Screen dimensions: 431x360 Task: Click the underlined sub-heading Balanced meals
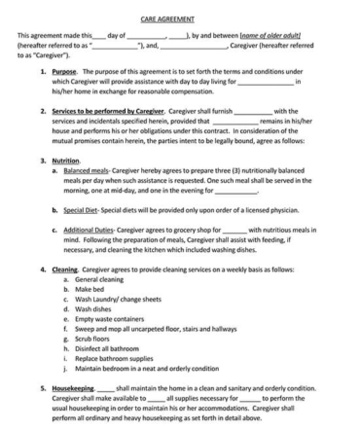coord(87,169)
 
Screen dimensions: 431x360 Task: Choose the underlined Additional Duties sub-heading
coord(90,230)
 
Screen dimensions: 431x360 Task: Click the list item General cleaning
coord(96,279)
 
